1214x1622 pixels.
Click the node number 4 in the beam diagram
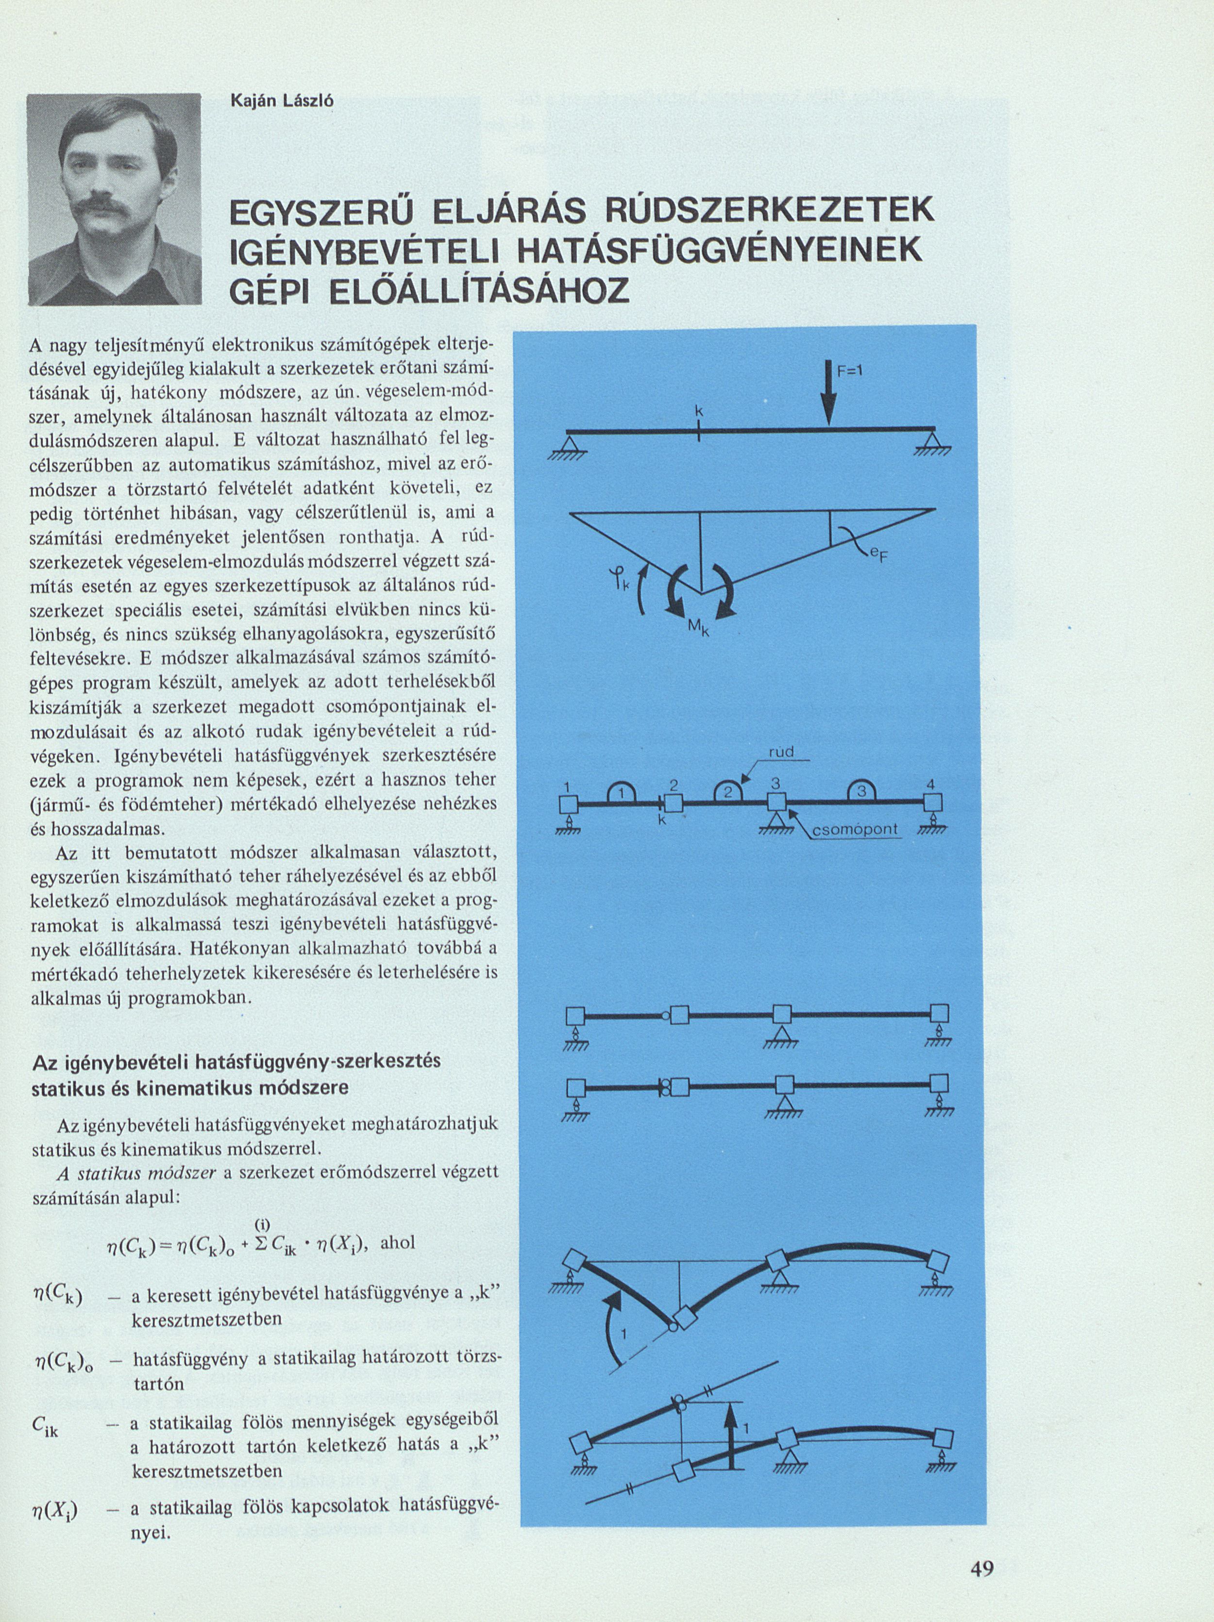coord(930,785)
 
